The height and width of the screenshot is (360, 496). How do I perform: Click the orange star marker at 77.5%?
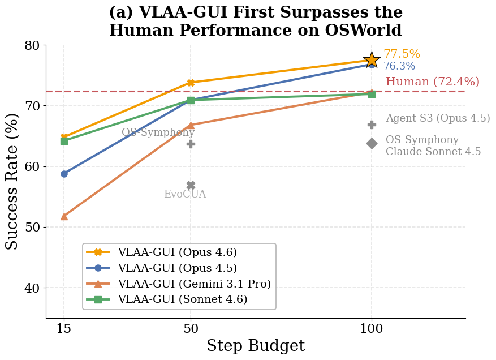pyautogui.click(x=372, y=59)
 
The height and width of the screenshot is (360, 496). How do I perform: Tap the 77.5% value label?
pyautogui.click(x=402, y=54)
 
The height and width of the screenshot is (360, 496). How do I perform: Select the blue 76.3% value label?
pyautogui.click(x=399, y=66)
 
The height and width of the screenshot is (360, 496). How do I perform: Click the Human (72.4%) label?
pyautogui.click(x=432, y=82)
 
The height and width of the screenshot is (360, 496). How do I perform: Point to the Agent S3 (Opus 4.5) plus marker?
pyautogui.click(x=372, y=125)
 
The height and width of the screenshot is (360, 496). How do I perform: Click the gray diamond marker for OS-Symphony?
pyautogui.click(x=372, y=143)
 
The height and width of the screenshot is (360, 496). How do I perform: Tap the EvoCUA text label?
pyautogui.click(x=185, y=194)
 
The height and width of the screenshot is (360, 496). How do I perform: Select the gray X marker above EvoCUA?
pyautogui.click(x=191, y=186)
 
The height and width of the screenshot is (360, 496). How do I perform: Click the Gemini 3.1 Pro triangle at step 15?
pyautogui.click(x=64, y=216)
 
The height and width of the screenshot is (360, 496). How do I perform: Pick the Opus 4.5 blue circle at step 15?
pyautogui.click(x=64, y=174)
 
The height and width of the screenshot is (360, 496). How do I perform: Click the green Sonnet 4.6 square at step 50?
pyautogui.click(x=191, y=100)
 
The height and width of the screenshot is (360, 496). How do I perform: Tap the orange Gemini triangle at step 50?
pyautogui.click(x=191, y=125)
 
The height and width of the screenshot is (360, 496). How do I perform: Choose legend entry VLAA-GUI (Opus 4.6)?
pyautogui.click(x=177, y=252)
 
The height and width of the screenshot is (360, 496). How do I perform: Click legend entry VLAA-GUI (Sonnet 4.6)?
pyautogui.click(x=182, y=299)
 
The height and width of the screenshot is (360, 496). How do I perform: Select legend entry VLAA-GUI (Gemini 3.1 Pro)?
pyautogui.click(x=194, y=284)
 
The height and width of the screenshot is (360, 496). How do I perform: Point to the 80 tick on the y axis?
pyautogui.click(x=33, y=45)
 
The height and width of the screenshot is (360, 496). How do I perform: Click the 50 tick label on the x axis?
pyautogui.click(x=191, y=328)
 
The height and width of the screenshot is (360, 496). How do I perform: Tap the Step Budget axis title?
pyautogui.click(x=255, y=346)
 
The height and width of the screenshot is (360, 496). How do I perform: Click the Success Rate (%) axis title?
pyautogui.click(x=12, y=181)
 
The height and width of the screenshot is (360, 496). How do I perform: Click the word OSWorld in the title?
pyautogui.click(x=369, y=31)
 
